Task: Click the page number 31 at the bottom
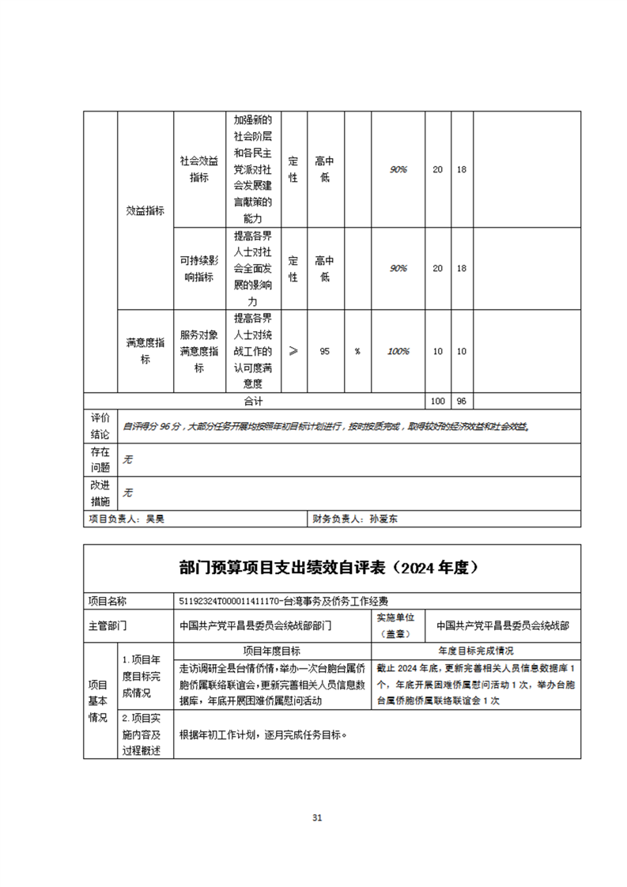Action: (317, 817)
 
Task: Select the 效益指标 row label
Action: (145, 210)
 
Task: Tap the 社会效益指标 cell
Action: (198, 169)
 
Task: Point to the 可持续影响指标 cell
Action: (198, 269)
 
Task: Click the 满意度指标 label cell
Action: (145, 351)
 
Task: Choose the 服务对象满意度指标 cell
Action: (198, 351)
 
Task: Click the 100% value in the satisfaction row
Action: (398, 351)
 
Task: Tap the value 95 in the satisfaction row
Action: (324, 351)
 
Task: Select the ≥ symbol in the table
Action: (293, 351)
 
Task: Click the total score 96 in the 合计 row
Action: (462, 402)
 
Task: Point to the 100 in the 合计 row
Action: (437, 402)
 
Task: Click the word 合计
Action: (254, 402)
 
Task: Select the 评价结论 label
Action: (100, 426)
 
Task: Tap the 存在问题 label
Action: (100, 459)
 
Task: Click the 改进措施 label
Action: (100, 493)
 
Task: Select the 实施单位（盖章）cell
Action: (400, 625)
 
